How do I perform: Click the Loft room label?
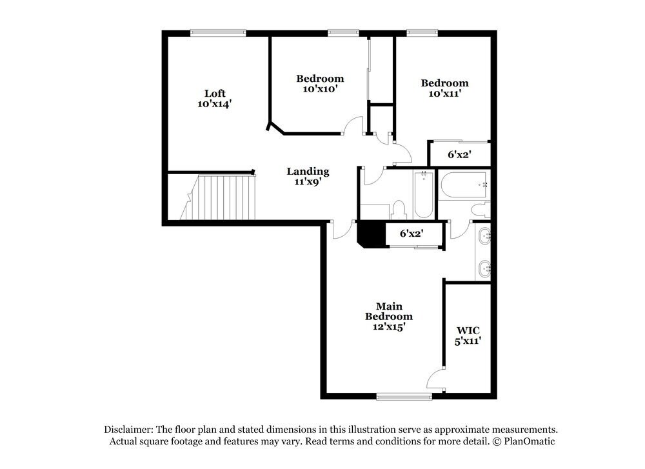[x=215, y=93]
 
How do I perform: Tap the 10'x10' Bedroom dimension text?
[x=320, y=89]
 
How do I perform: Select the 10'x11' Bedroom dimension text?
[x=444, y=94]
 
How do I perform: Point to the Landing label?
[x=308, y=171]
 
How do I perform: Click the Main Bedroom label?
[x=388, y=311]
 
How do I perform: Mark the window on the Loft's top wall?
[x=218, y=32]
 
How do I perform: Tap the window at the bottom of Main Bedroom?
[x=404, y=397]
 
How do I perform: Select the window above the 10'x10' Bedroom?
[x=343, y=32]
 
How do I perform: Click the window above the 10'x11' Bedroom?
[x=422, y=32]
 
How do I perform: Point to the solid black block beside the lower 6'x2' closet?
[x=371, y=234]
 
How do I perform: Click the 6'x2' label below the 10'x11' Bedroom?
[x=459, y=155]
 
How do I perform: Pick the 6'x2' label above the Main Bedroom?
[x=412, y=234]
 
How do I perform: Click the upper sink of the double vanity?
[x=484, y=237]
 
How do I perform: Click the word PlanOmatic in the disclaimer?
[x=528, y=441]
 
